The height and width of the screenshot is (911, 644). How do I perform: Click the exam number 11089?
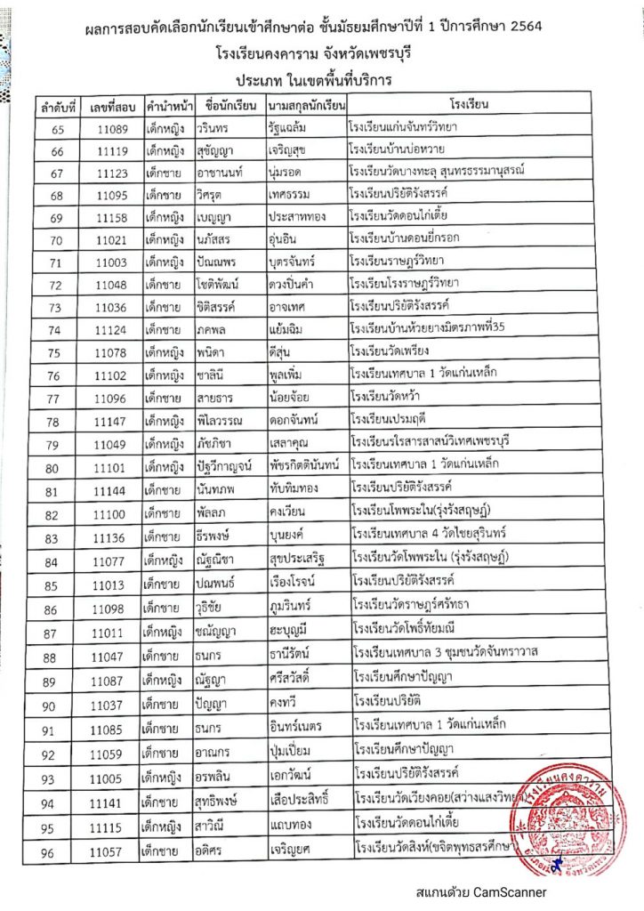pos(110,127)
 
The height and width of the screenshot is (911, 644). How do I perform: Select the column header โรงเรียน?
pos(476,105)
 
